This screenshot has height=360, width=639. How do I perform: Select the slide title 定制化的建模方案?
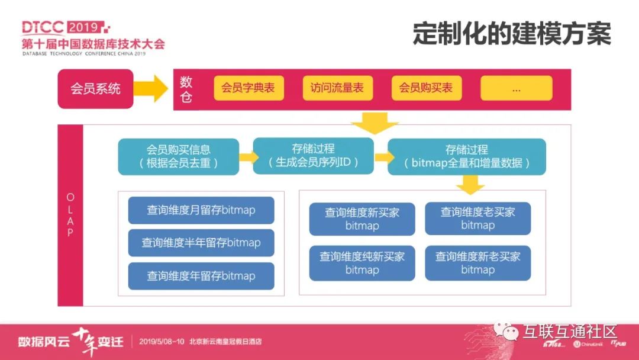click(512, 34)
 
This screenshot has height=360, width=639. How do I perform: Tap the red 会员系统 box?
click(95, 89)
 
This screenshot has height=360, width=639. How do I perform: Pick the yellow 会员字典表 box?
click(248, 88)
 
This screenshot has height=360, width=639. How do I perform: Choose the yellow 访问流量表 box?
click(337, 88)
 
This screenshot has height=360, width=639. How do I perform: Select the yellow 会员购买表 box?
click(426, 88)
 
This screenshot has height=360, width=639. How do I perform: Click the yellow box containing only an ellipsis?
click(516, 88)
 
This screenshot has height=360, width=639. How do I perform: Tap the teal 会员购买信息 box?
click(178, 157)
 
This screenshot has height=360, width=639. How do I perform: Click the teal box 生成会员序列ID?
click(313, 156)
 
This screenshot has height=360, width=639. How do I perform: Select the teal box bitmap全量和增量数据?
click(467, 157)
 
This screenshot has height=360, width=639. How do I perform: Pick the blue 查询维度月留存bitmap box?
click(201, 210)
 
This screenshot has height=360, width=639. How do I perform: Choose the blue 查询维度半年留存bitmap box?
click(201, 243)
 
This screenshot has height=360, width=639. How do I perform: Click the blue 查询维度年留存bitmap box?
click(201, 276)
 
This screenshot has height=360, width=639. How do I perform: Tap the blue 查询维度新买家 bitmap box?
click(362, 219)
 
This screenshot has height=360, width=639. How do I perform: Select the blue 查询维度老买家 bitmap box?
click(477, 218)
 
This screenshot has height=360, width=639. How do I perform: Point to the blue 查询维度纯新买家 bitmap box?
click(362, 263)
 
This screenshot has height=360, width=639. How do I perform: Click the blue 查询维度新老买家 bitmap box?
click(477, 263)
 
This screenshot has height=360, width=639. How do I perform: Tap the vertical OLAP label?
click(70, 214)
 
